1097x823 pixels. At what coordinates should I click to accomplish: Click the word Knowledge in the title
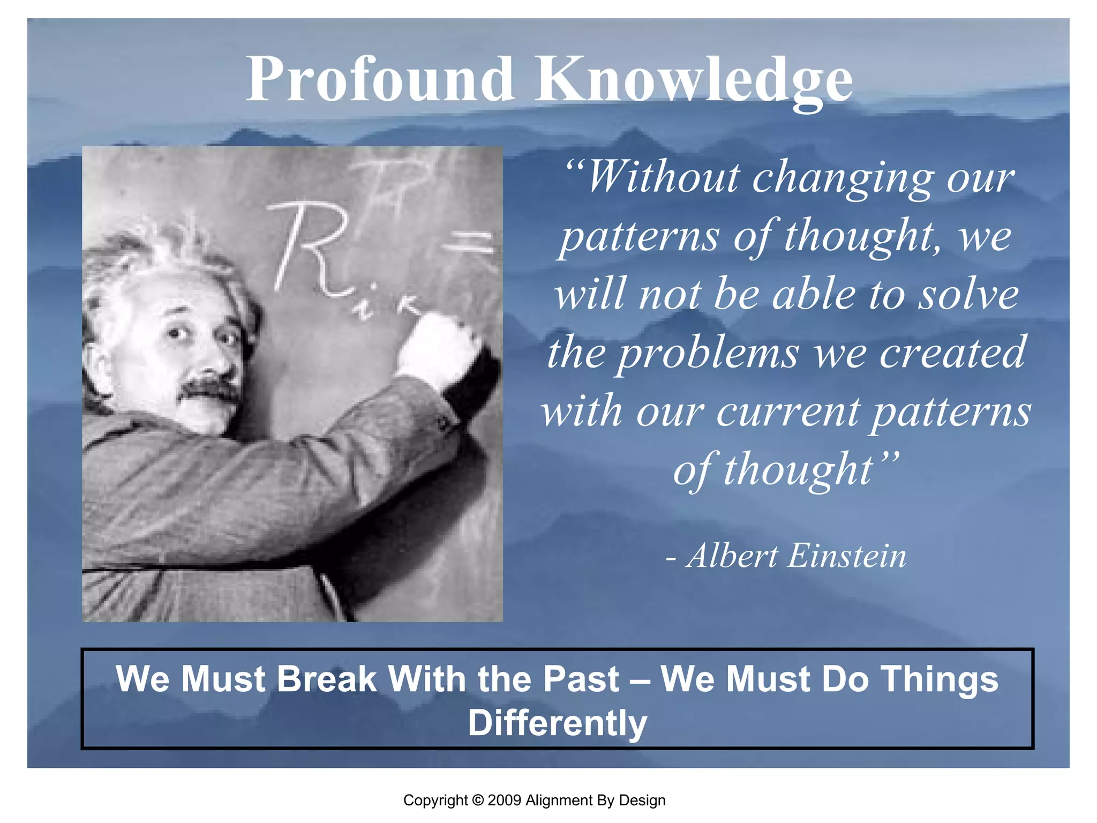694,80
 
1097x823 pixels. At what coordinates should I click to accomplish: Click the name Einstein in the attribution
847,556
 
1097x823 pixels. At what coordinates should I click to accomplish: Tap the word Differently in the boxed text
557,723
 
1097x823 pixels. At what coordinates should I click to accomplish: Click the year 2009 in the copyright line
504,800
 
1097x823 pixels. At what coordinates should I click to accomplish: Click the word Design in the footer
642,800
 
